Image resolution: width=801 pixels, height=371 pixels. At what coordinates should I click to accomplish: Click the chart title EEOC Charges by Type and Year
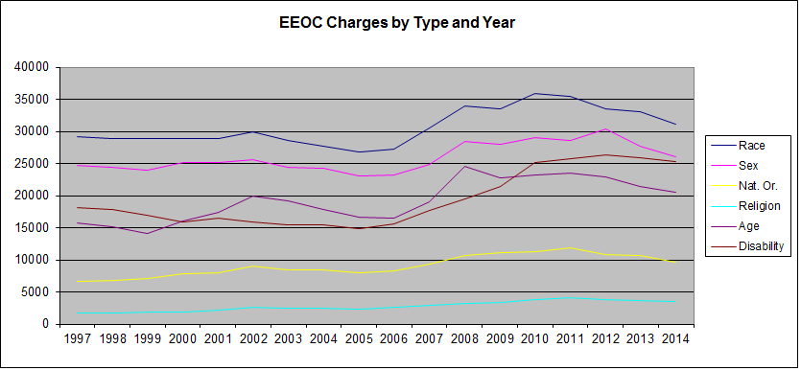(397, 23)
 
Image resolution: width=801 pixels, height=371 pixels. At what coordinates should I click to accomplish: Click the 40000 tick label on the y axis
(33, 67)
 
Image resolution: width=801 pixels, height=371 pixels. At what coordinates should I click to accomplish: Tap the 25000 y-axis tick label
(33, 164)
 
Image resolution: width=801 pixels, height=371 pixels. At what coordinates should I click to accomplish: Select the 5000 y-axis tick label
(35, 292)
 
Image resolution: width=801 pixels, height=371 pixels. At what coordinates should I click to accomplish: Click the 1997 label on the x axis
(77, 339)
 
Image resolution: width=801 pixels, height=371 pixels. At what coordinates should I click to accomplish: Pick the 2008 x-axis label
(464, 339)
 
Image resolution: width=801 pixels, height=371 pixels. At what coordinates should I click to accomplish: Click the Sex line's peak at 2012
(605, 129)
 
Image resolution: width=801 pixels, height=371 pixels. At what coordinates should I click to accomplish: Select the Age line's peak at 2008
(464, 167)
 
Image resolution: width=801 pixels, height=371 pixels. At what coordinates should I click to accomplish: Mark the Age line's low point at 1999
(147, 234)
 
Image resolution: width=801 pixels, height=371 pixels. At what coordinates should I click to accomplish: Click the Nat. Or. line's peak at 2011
(570, 248)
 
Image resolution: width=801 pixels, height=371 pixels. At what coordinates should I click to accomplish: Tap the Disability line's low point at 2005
(359, 228)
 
